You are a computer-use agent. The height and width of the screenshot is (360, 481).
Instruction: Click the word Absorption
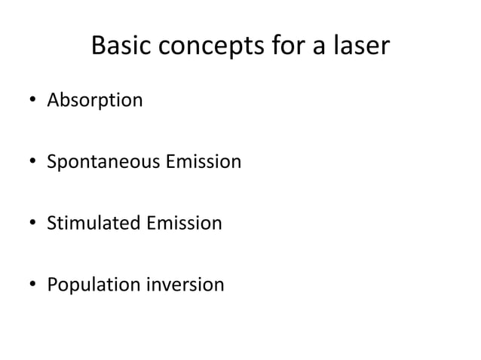94,100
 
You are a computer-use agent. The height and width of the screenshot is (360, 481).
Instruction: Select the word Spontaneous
100,162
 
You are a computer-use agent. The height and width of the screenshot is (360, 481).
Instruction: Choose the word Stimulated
90,223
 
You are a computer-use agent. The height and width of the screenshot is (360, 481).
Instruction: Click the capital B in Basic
97,47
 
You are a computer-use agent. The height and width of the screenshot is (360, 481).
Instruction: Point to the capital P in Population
52,285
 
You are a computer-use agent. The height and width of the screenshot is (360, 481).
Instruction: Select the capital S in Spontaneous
52,161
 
